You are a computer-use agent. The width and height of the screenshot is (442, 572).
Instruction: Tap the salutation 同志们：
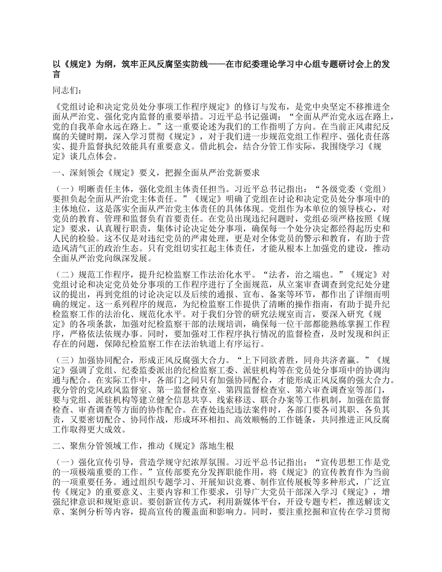tap(68, 91)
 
